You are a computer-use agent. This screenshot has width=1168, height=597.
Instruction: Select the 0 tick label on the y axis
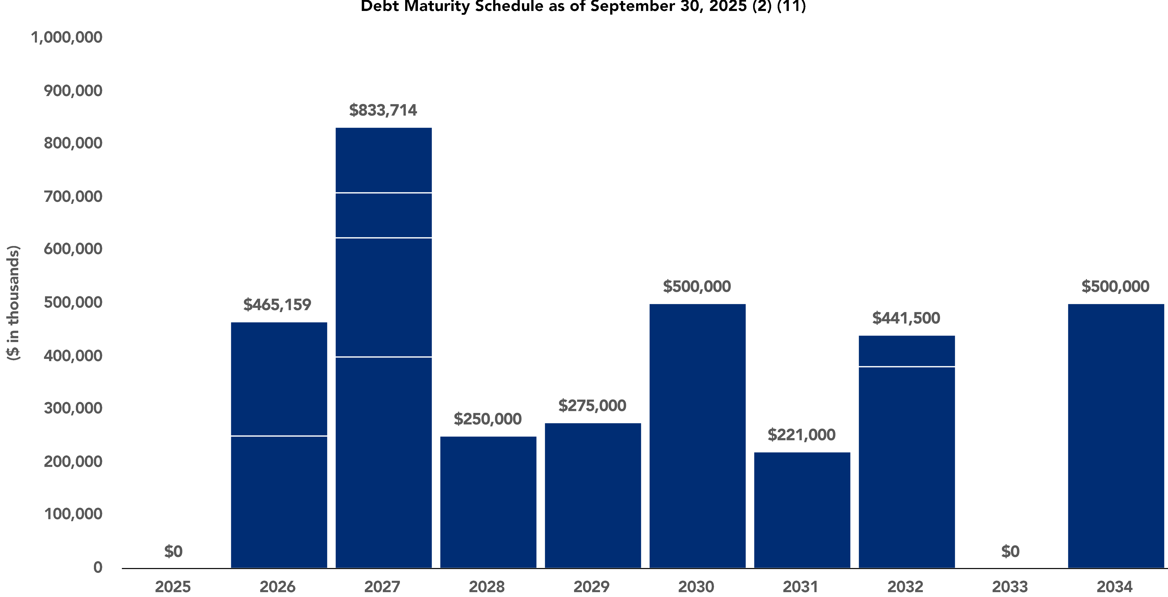tap(98, 567)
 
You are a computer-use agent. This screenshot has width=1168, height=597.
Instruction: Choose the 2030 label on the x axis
tap(696, 587)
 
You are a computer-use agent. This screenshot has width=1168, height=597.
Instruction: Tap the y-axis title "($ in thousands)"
tap(14, 303)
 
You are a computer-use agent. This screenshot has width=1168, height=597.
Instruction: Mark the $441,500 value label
tap(906, 318)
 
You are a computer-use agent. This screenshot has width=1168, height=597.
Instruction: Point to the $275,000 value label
tap(592, 405)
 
